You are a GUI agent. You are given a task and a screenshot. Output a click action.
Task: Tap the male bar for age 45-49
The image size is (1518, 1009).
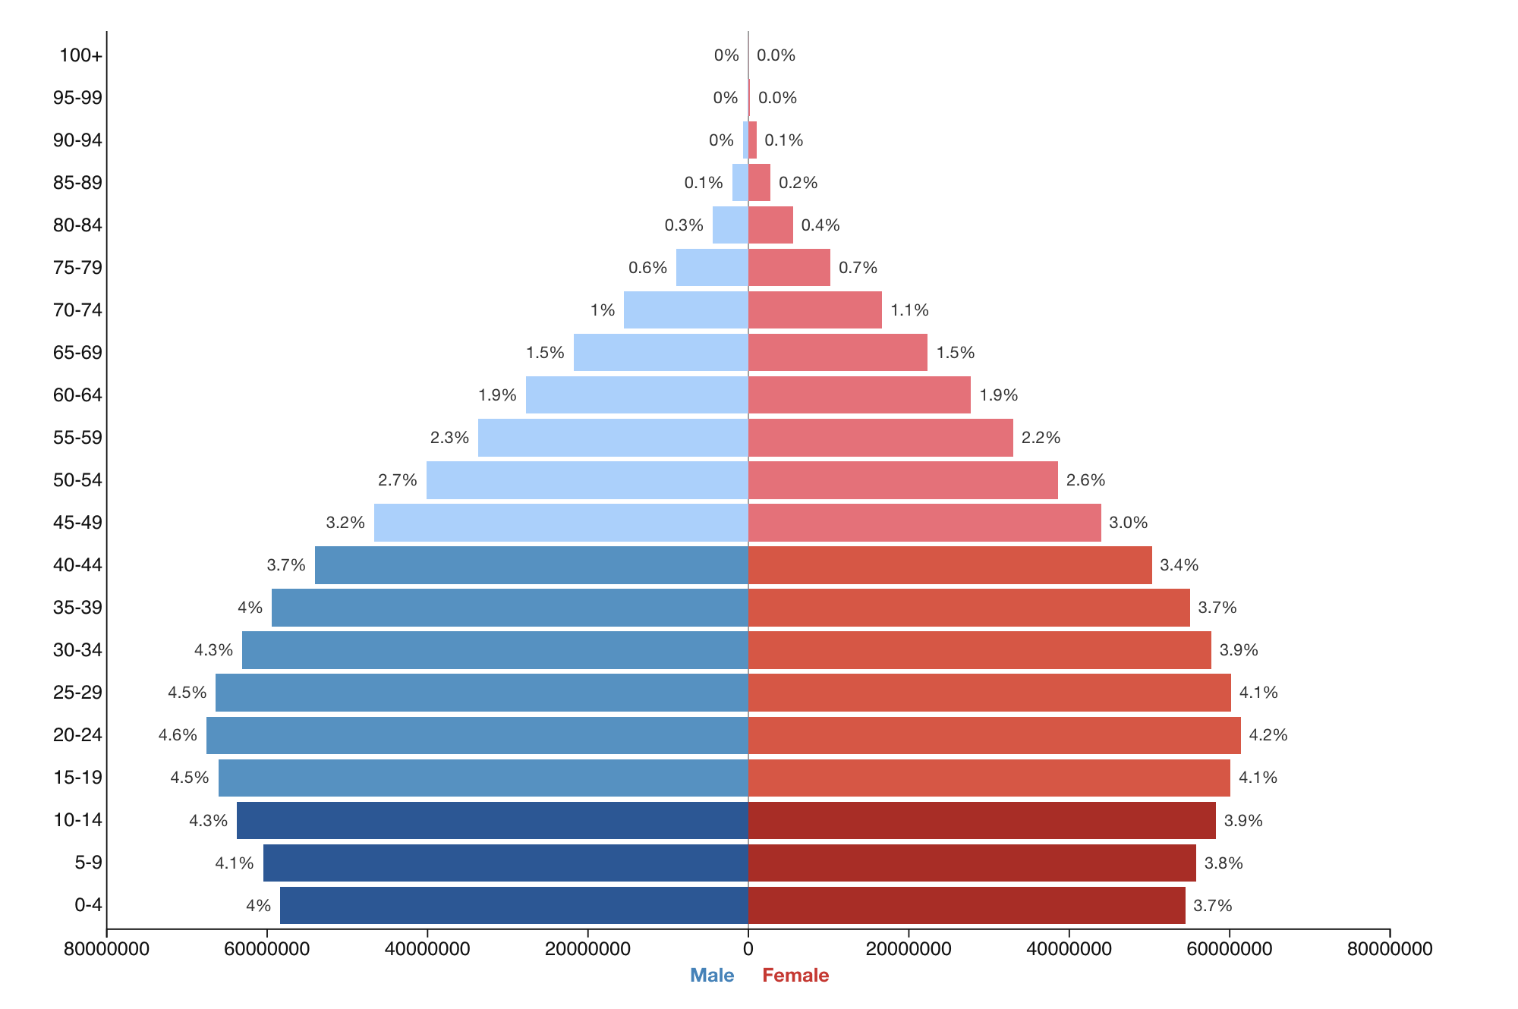click(561, 523)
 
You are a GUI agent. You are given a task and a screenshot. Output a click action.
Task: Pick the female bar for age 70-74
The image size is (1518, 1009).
click(814, 310)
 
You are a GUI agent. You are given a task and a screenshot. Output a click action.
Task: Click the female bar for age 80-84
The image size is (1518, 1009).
click(770, 225)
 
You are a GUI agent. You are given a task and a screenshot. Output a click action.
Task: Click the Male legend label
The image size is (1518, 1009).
click(712, 976)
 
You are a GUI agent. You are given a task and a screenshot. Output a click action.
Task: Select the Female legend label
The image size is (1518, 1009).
click(795, 976)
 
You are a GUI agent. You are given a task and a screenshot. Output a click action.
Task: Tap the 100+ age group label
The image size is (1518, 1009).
click(80, 55)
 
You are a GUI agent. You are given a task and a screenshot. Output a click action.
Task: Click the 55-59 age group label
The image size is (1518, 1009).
click(77, 438)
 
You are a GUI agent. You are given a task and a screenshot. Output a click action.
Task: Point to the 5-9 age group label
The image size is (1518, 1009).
click(88, 863)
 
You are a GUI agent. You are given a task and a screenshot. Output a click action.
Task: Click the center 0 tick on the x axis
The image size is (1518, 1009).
click(748, 949)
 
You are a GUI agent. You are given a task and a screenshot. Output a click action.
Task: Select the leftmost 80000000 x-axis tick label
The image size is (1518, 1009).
click(107, 949)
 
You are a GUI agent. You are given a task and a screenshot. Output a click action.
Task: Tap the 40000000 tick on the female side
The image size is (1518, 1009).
click(1069, 949)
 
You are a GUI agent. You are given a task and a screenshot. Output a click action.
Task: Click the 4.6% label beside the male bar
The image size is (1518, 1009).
click(178, 735)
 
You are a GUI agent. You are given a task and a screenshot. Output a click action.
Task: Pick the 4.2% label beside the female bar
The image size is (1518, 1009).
click(1268, 735)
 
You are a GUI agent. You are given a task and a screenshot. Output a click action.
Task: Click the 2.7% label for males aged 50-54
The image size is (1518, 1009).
click(398, 480)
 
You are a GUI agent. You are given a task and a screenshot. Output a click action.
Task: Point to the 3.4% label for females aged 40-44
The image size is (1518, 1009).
click(1179, 565)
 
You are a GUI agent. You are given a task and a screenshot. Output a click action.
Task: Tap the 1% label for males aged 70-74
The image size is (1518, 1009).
click(603, 310)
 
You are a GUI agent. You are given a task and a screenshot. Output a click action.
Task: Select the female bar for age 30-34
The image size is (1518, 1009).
click(979, 650)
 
